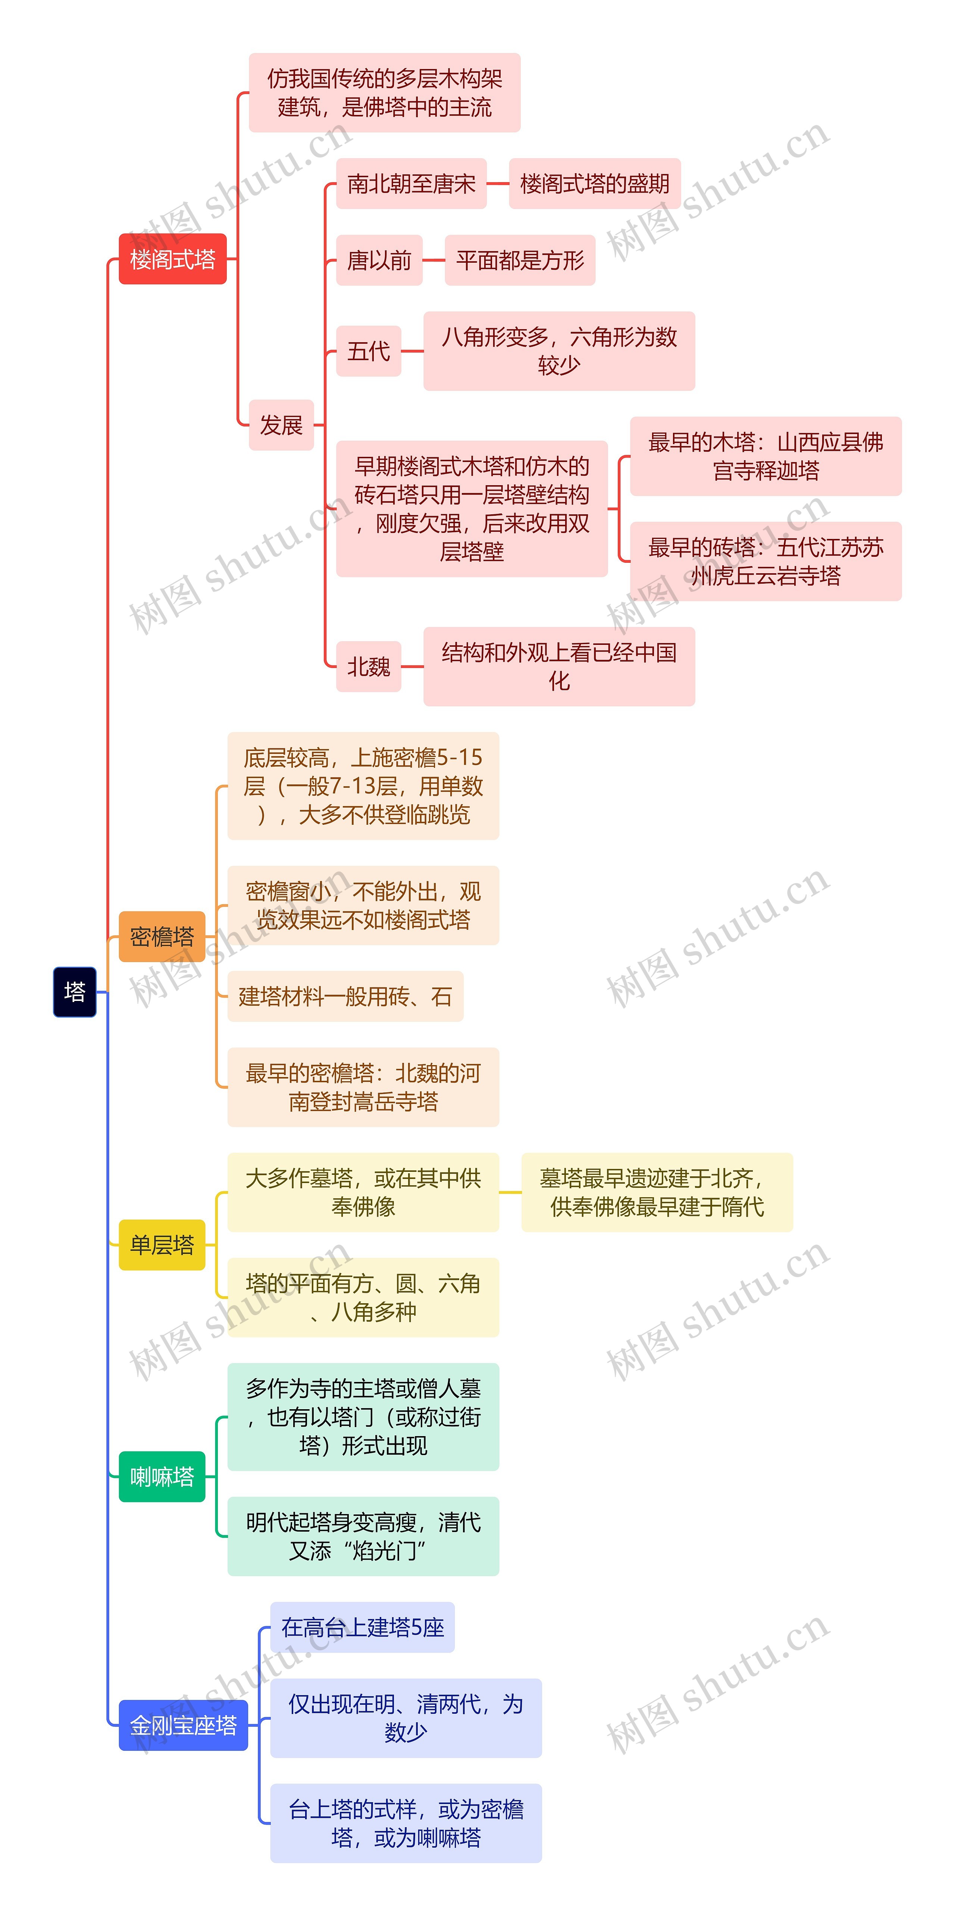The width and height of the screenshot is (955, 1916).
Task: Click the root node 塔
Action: tap(74, 992)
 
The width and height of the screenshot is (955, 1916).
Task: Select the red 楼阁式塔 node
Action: tap(173, 259)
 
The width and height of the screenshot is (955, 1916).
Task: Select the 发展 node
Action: tap(281, 425)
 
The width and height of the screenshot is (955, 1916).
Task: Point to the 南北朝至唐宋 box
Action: tap(411, 183)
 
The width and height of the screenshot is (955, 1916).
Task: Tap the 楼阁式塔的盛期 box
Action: tap(594, 183)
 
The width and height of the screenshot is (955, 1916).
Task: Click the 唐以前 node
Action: tap(379, 260)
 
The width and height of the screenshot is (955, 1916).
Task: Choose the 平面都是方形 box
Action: tap(520, 260)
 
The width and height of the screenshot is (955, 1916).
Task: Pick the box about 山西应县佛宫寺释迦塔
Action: tap(765, 456)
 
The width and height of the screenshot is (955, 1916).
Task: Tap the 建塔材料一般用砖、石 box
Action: tap(345, 996)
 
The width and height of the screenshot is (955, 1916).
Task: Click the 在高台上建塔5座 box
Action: tap(362, 1628)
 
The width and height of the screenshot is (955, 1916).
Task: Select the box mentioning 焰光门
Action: tap(363, 1536)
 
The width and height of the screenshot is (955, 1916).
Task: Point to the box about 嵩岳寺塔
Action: tap(363, 1087)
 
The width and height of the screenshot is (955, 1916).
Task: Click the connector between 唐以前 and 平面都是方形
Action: tap(433, 260)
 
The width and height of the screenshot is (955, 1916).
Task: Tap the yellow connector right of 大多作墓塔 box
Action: tap(510, 1192)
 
